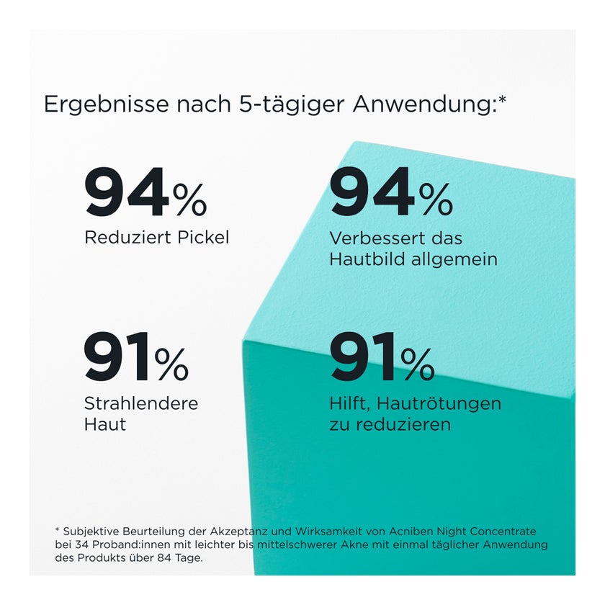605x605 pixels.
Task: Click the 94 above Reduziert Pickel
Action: (x=127, y=193)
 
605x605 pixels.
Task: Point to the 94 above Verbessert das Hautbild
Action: (x=372, y=193)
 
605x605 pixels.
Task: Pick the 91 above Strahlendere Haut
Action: (x=117, y=357)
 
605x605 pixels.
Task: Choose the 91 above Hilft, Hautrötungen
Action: (x=363, y=357)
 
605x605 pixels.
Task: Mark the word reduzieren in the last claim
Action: (x=401, y=424)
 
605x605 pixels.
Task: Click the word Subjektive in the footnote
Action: (x=90, y=532)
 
